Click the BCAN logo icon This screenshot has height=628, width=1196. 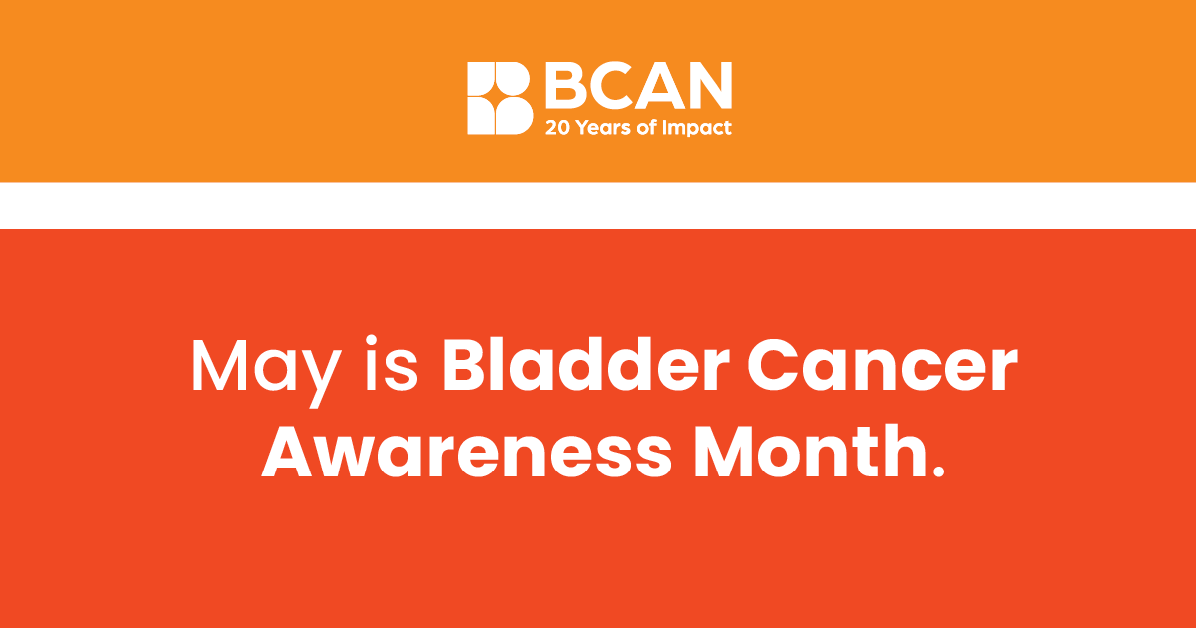[500, 98]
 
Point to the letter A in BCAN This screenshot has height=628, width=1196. [659, 85]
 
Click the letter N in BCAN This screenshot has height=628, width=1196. [709, 85]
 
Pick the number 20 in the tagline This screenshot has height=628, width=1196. [558, 128]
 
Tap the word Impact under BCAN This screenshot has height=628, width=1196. [697, 129]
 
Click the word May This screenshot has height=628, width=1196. [266, 372]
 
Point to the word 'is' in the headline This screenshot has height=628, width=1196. [392, 363]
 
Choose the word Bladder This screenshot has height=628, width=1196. [586, 364]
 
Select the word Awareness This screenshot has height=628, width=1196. [466, 452]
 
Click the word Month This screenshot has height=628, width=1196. [809, 450]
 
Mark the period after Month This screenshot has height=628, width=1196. [938, 470]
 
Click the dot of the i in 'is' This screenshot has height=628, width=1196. [371, 341]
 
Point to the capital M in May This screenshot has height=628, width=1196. [219, 365]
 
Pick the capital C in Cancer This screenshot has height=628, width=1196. [772, 365]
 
